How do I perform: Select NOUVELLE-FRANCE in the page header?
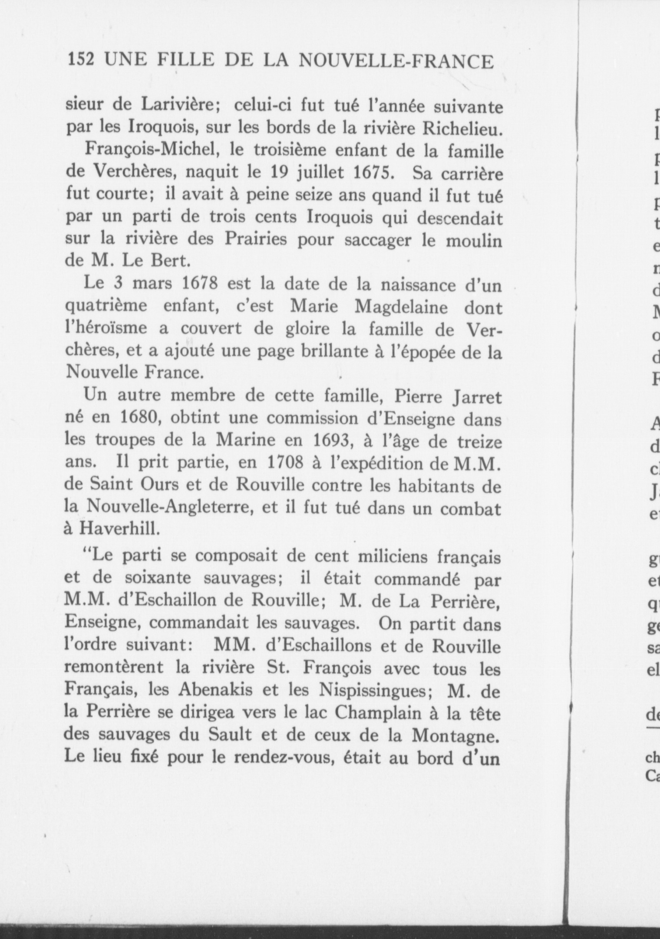click(x=397, y=61)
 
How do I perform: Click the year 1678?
click(x=201, y=285)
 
